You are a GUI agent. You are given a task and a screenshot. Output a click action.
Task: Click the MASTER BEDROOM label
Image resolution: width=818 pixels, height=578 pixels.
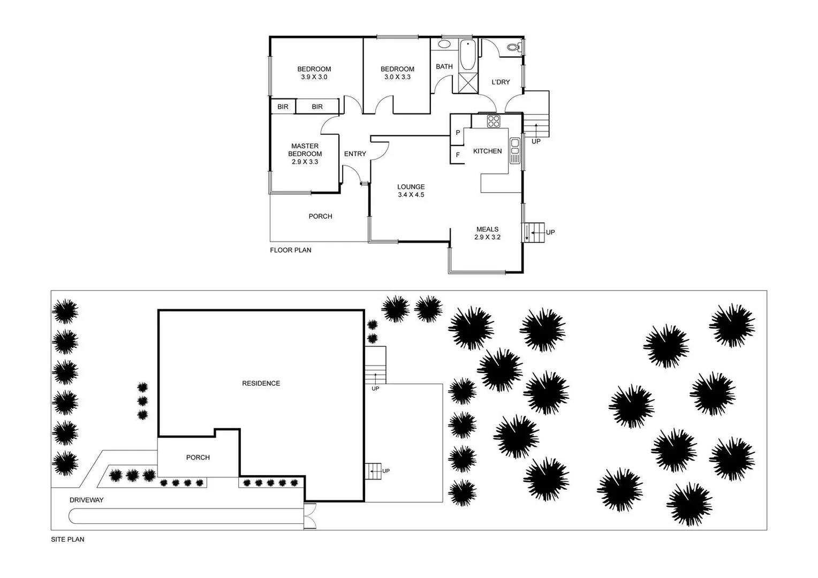coord(305,150)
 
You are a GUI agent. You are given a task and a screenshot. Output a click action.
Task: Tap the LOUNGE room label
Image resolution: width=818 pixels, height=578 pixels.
coord(411,187)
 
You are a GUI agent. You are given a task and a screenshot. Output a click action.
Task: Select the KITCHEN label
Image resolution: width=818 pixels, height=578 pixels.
coord(487,151)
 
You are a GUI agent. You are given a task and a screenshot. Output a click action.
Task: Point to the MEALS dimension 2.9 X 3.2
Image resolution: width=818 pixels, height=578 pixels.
coord(487,237)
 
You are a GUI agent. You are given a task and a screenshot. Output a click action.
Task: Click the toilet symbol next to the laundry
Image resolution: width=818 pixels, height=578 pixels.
coord(514,48)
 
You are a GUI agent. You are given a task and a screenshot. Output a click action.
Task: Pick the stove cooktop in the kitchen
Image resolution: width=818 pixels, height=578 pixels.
coord(493,121)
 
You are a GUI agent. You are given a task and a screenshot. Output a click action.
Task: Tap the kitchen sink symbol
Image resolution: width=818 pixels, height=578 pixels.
coord(515,150)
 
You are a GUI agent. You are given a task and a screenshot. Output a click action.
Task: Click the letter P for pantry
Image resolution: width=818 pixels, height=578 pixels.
coord(458,132)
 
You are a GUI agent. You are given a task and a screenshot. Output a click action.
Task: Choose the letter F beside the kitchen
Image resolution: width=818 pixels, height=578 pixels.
coord(458,155)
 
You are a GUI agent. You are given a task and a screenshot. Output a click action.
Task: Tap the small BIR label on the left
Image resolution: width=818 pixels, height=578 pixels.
coord(283,107)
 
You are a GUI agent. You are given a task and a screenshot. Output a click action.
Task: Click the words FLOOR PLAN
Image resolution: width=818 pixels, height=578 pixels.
coord(290,250)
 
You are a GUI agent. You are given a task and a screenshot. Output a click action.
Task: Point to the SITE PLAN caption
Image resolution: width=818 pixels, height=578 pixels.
coord(67,539)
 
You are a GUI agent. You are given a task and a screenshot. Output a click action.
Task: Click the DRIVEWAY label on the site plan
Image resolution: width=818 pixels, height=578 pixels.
coord(86,500)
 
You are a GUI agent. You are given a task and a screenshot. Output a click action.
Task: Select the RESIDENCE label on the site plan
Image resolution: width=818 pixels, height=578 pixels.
coord(261,383)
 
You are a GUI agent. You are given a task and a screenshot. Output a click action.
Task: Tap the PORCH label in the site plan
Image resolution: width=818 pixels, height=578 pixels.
coord(198,458)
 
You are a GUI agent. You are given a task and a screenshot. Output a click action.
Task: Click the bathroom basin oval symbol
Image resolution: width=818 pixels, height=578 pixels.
coord(444,44)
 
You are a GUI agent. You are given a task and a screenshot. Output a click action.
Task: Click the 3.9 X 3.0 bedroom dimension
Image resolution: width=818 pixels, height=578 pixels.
coord(314,77)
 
